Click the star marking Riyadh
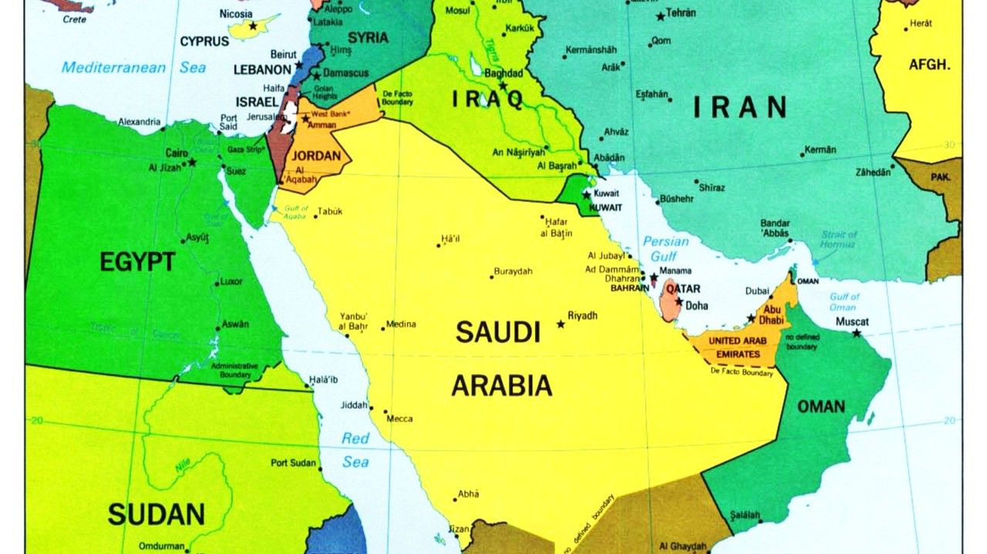pyautogui.click(x=561, y=324)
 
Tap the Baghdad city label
pyautogui.click(x=504, y=73)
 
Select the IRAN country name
pyautogui.click(x=739, y=107)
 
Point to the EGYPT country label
pyautogui.click(x=137, y=263)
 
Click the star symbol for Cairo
pyautogui.click(x=192, y=162)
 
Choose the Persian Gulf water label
pyautogui.click(x=665, y=248)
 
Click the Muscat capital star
pyautogui.click(x=856, y=334)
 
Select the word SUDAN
pyautogui.click(x=156, y=514)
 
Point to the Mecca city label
pyautogui.click(x=399, y=419)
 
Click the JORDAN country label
pyautogui.click(x=317, y=156)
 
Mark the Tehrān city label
pyautogui.click(x=681, y=13)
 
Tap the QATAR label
pyautogui.click(x=683, y=289)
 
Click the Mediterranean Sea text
pyautogui.click(x=133, y=68)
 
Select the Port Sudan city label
pyautogui.click(x=294, y=463)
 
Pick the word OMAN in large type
pyautogui.click(x=820, y=406)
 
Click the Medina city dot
pyautogui.click(x=382, y=329)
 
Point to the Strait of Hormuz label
pyautogui.click(x=838, y=239)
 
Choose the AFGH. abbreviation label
pyautogui.click(x=930, y=65)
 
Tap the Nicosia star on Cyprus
pyautogui.click(x=251, y=26)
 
